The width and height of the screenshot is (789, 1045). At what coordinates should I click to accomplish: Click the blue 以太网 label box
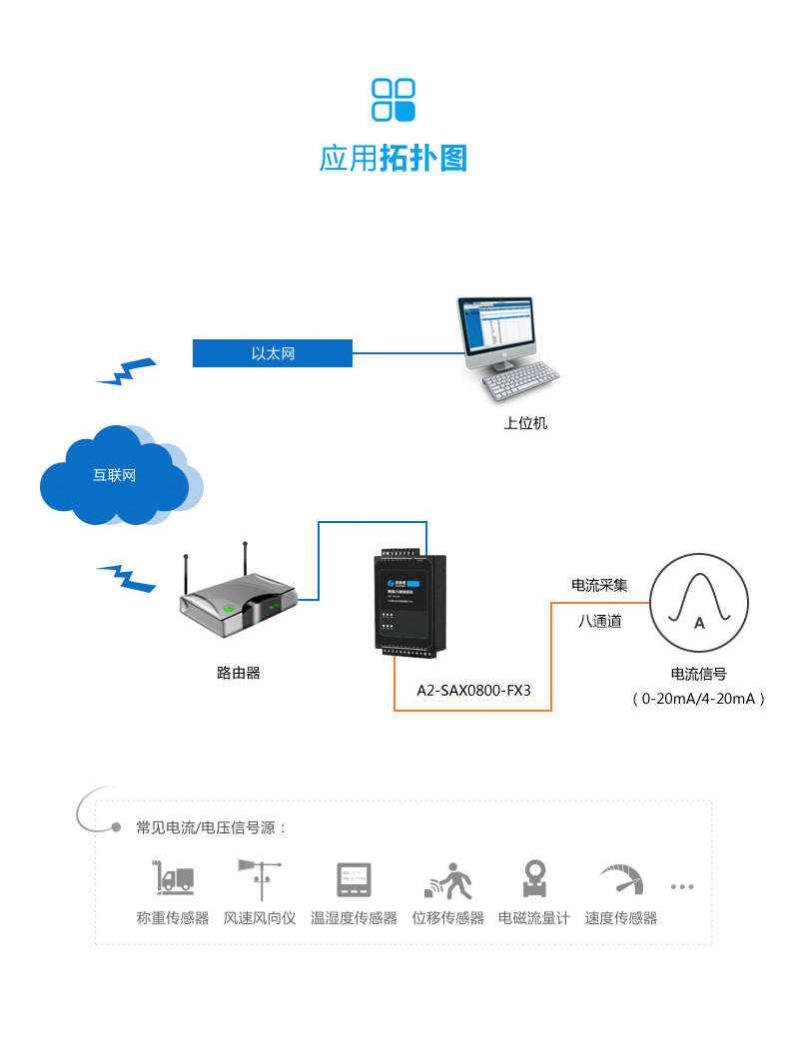coord(273,353)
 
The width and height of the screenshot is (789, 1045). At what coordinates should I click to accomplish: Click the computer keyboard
coord(521,380)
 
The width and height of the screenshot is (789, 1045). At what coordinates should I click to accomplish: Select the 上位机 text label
coord(525,423)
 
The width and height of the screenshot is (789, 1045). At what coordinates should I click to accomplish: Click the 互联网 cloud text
coord(114,475)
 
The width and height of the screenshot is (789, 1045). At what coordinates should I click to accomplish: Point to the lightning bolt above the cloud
coord(127,370)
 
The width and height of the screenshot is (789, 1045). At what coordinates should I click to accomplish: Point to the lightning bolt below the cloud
coord(127,577)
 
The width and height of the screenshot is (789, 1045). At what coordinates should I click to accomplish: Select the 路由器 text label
coord(239,673)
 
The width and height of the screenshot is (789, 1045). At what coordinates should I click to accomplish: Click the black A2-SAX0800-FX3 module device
coord(410,603)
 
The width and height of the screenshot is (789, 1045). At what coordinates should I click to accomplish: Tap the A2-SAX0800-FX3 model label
coord(473,690)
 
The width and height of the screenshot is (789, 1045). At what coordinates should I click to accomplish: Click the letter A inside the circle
coord(699,624)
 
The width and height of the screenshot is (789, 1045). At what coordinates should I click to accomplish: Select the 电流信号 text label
coord(699,674)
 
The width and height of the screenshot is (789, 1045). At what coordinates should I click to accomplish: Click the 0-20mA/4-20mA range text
coord(699,699)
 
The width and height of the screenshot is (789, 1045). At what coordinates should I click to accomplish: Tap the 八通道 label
coord(600,621)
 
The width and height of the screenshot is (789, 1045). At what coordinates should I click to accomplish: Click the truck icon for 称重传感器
coord(174,878)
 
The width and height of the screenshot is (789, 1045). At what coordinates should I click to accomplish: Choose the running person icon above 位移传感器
coord(447,879)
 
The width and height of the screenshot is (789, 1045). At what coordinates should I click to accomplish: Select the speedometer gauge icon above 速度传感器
coord(621,879)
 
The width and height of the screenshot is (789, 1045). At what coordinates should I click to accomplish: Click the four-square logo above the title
coord(394,100)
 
